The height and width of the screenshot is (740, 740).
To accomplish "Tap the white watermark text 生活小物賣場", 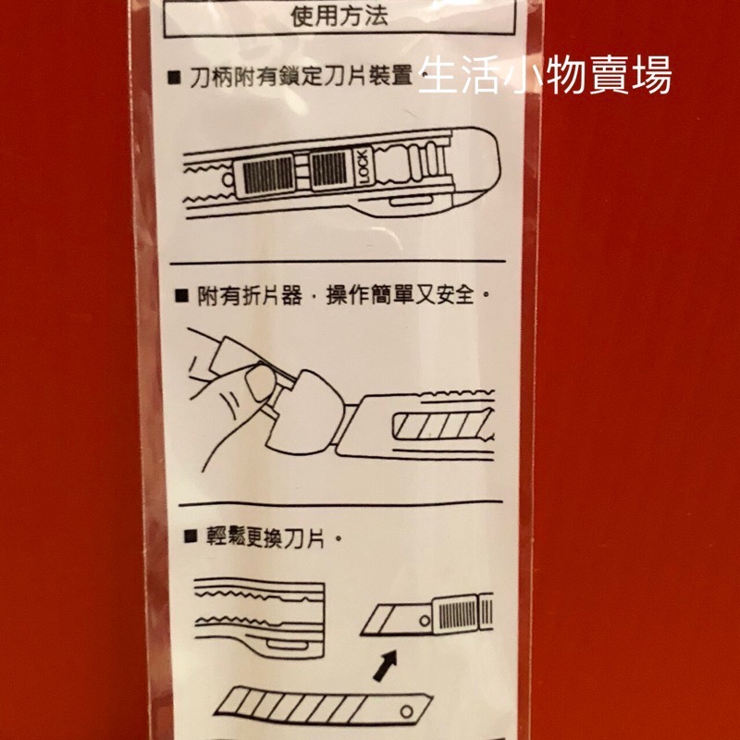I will tap(545, 77).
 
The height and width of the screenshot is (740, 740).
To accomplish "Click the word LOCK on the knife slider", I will tap(363, 168).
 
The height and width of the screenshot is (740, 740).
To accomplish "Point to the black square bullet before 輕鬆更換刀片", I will tap(189, 536).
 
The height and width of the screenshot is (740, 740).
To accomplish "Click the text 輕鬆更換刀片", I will tap(269, 536).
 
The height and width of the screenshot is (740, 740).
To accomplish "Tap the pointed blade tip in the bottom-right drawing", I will tap(370, 629).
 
